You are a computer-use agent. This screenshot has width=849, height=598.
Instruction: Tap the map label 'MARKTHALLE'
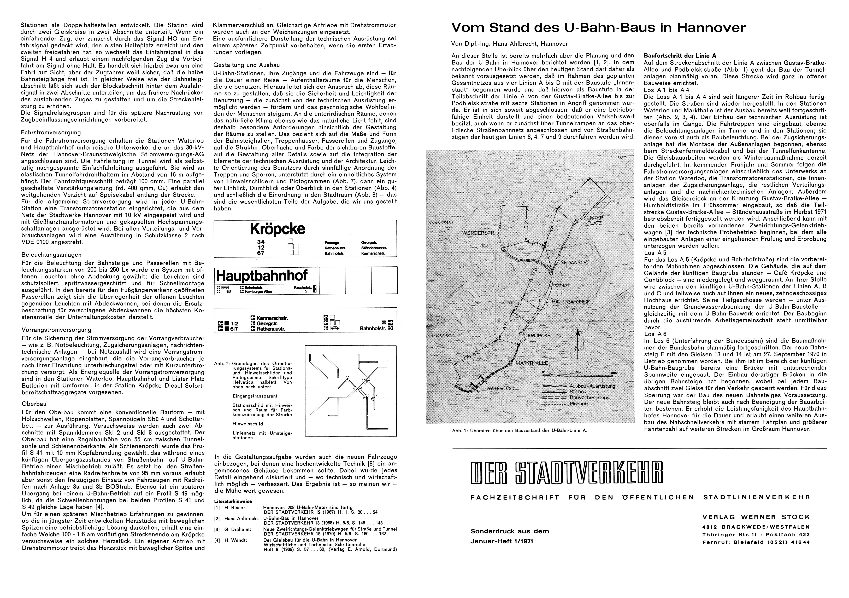click(532, 363)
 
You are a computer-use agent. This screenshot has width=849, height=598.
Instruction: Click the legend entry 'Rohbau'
click(578, 392)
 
